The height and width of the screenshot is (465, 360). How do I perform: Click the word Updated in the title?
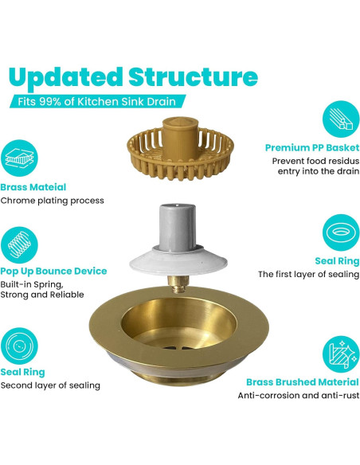pos(65,78)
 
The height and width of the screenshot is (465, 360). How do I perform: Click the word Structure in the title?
pos(193,76)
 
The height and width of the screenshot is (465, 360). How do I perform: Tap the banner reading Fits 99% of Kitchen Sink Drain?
pos(97,101)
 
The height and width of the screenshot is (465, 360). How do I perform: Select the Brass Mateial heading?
pos(33,187)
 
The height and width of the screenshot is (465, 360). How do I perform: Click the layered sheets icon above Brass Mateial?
pos(20,158)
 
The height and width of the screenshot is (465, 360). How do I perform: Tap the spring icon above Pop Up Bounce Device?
pos(20,245)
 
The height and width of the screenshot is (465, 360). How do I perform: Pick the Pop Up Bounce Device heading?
pos(53,271)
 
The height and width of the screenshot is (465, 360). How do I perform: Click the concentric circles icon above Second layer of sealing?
pos(20,346)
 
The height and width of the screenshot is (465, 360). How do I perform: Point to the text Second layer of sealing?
pos(50,385)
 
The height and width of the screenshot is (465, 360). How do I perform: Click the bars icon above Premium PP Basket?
pos(341,119)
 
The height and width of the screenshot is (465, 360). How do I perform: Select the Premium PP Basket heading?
pos(312,147)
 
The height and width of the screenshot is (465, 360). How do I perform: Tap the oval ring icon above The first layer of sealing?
pos(341,232)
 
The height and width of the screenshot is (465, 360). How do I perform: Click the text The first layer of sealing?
pos(309,275)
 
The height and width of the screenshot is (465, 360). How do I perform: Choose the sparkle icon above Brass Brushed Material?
pos(341,354)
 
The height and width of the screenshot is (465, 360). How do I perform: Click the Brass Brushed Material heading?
pos(303,382)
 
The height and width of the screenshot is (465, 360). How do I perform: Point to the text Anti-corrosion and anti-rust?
pos(299,395)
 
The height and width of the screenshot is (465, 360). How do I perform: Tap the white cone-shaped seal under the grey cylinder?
pos(178,260)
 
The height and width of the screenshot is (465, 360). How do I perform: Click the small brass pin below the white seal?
pos(178,283)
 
